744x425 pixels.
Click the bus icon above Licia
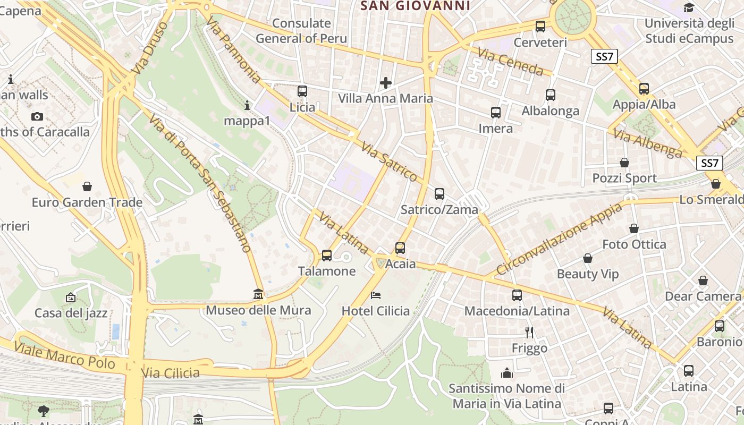point(302,91)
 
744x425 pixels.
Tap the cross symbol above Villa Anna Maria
point(386,83)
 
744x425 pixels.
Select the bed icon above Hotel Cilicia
point(376,295)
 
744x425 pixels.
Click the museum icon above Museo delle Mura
point(258,294)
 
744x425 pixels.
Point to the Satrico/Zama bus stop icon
point(439,194)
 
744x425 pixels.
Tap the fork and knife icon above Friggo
point(529,333)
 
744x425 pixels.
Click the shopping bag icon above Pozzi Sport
point(624,163)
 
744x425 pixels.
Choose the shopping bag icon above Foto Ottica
point(634,228)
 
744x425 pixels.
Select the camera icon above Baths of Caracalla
point(37,116)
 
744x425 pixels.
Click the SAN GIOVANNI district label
point(416,6)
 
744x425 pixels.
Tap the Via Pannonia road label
point(233,49)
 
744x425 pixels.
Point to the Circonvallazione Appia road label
point(559,239)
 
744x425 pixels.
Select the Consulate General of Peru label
point(301,31)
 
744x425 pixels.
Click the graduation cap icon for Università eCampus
point(689,7)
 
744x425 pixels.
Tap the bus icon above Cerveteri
point(540,26)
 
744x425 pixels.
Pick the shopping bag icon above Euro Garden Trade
point(87,186)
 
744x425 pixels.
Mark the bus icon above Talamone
point(327,256)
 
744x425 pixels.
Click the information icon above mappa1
point(247,105)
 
